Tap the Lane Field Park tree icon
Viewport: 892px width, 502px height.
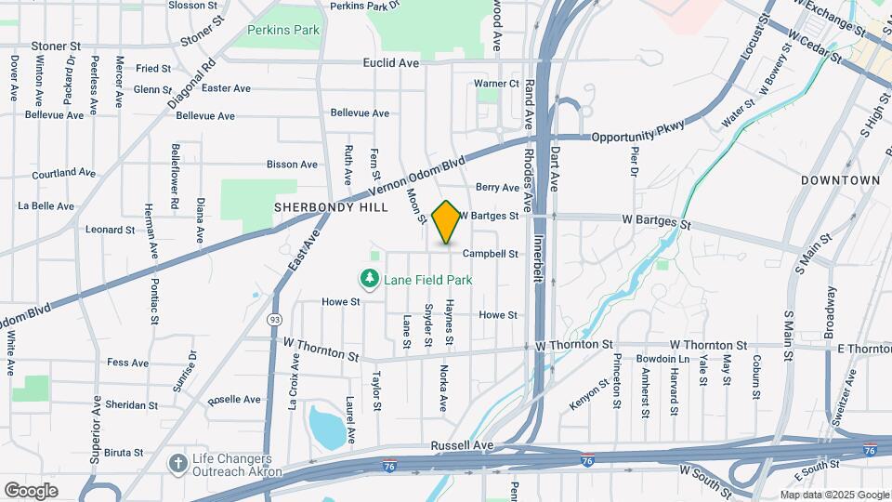tap(370, 279)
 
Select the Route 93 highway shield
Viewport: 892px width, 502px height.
tap(276, 320)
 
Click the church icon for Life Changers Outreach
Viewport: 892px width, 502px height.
tap(177, 462)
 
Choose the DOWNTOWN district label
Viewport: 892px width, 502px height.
tap(840, 180)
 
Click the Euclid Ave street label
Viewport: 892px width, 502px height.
tap(391, 63)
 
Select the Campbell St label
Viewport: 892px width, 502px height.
tap(490, 253)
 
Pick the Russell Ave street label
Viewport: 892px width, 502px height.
tap(462, 446)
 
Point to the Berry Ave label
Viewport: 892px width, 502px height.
tap(497, 187)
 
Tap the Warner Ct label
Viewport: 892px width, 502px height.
tap(495, 84)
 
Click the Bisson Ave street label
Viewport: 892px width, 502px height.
tap(292, 165)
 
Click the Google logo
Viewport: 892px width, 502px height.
tap(31, 490)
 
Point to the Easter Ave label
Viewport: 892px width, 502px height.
tap(226, 88)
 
